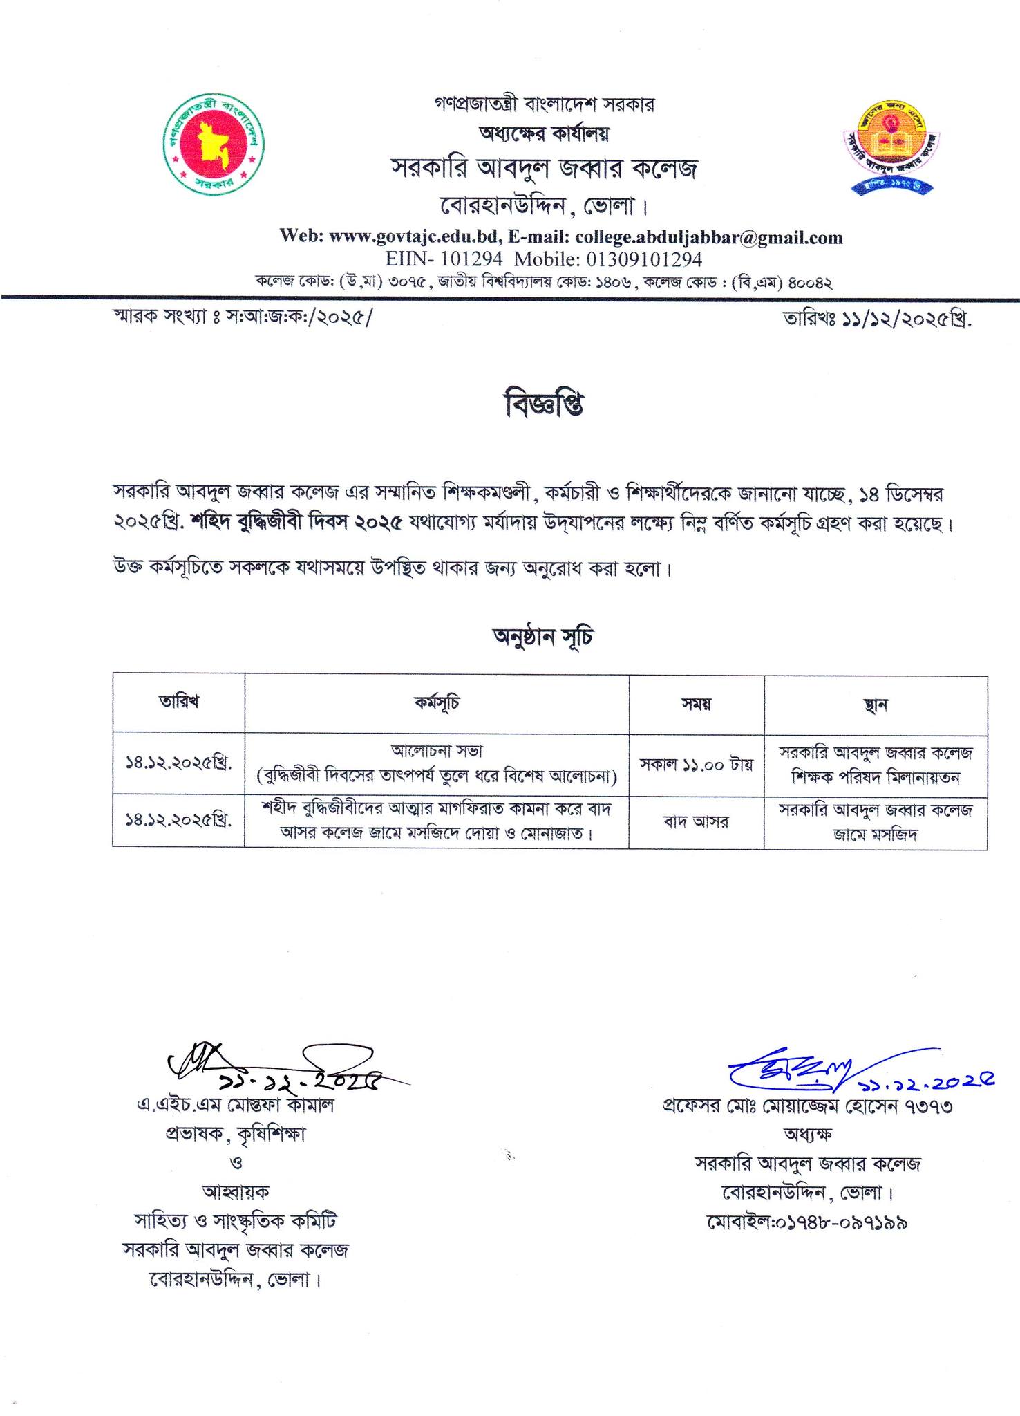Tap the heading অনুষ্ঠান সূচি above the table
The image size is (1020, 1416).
coord(542,637)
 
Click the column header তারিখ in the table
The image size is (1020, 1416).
coord(178,701)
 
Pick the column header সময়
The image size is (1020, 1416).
coord(696,704)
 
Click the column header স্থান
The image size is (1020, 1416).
coord(876,705)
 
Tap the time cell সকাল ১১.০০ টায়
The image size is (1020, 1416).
coord(696,764)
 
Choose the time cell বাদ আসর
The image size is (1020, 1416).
coord(696,822)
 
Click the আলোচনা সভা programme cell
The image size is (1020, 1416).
coord(436,751)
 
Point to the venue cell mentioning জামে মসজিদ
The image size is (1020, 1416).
coord(876,822)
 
